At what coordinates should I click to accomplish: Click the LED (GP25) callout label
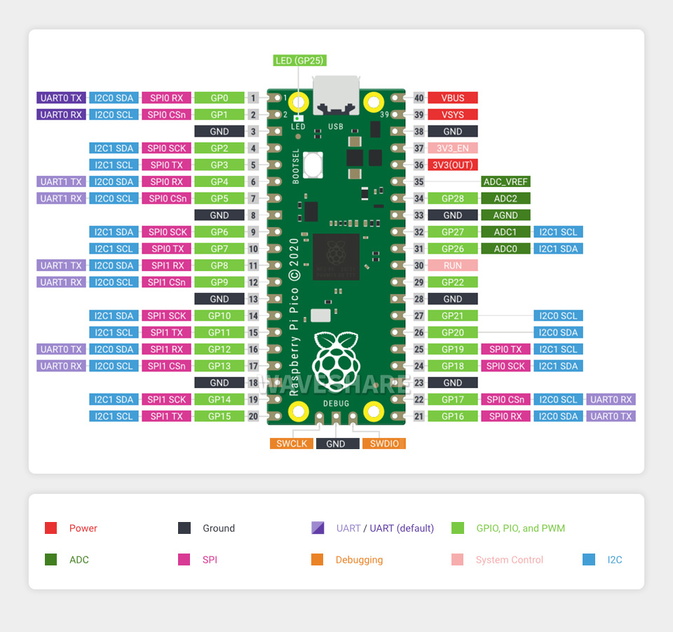(x=299, y=61)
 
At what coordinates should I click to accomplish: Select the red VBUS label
(x=452, y=98)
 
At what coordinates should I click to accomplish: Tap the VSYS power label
(x=452, y=115)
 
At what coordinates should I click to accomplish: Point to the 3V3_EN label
(x=452, y=149)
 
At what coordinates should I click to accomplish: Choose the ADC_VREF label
(x=505, y=182)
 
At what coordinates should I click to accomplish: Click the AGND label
(x=505, y=216)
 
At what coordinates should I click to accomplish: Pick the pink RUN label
(x=452, y=266)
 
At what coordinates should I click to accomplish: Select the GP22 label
(x=452, y=282)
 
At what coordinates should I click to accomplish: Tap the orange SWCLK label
(x=292, y=444)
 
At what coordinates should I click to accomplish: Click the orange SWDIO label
(x=384, y=444)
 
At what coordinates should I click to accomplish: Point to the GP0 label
(x=219, y=98)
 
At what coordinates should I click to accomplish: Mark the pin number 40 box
(x=419, y=98)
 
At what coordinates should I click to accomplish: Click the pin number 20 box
(x=253, y=416)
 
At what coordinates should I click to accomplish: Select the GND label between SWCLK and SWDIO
(x=336, y=444)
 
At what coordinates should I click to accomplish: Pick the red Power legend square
(x=50, y=528)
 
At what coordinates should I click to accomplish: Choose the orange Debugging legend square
(x=318, y=560)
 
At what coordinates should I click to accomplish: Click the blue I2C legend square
(x=589, y=560)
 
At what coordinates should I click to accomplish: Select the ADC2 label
(x=505, y=199)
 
